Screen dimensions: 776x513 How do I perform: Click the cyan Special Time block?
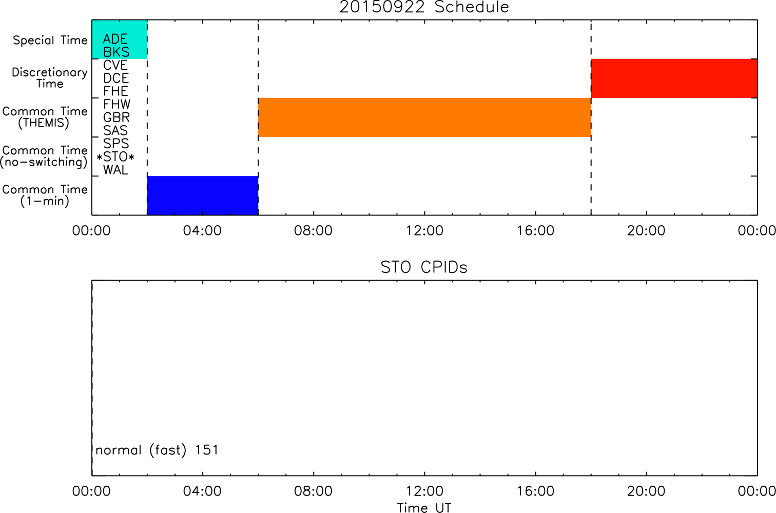tap(120, 40)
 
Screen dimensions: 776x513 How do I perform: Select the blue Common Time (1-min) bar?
tap(203, 195)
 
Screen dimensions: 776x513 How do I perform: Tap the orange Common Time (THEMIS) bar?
tap(424, 117)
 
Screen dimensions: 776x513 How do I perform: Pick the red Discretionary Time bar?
tap(674, 78)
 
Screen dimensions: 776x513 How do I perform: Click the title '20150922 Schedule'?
tap(424, 7)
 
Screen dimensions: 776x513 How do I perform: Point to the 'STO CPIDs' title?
tap(424, 267)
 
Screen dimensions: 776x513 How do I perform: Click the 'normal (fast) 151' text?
tap(157, 450)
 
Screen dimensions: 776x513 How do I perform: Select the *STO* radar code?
tap(115, 157)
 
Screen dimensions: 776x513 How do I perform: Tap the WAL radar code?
tap(115, 170)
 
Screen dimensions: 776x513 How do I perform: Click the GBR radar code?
tap(117, 117)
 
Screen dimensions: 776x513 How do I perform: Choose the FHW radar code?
tap(117, 104)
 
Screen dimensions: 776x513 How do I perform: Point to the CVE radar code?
tap(115, 65)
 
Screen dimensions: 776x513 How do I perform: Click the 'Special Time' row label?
tap(50, 41)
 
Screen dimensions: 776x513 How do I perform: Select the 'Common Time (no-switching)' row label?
tap(44, 156)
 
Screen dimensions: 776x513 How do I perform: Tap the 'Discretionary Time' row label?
tap(50, 78)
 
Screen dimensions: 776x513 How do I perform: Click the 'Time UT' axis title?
tap(424, 507)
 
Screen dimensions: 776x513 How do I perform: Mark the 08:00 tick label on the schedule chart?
tap(313, 231)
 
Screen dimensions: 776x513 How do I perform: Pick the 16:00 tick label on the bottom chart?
tap(536, 491)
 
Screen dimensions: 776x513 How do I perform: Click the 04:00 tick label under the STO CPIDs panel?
tap(202, 491)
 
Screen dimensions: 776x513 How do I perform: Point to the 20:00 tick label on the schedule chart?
tap(646, 231)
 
